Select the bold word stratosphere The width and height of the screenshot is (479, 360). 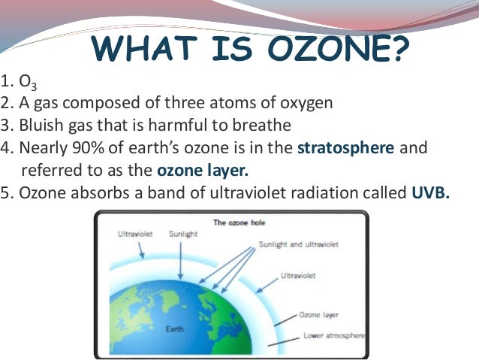pos(345,147)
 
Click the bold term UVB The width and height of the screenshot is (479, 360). pos(430,192)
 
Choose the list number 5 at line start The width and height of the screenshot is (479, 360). pos(6,192)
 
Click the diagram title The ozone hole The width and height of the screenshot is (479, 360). pos(238,222)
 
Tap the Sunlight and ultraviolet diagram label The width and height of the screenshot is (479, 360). pos(298,245)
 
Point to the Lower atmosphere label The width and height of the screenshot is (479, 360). pos(334,336)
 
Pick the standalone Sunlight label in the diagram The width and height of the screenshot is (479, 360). pos(184,234)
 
